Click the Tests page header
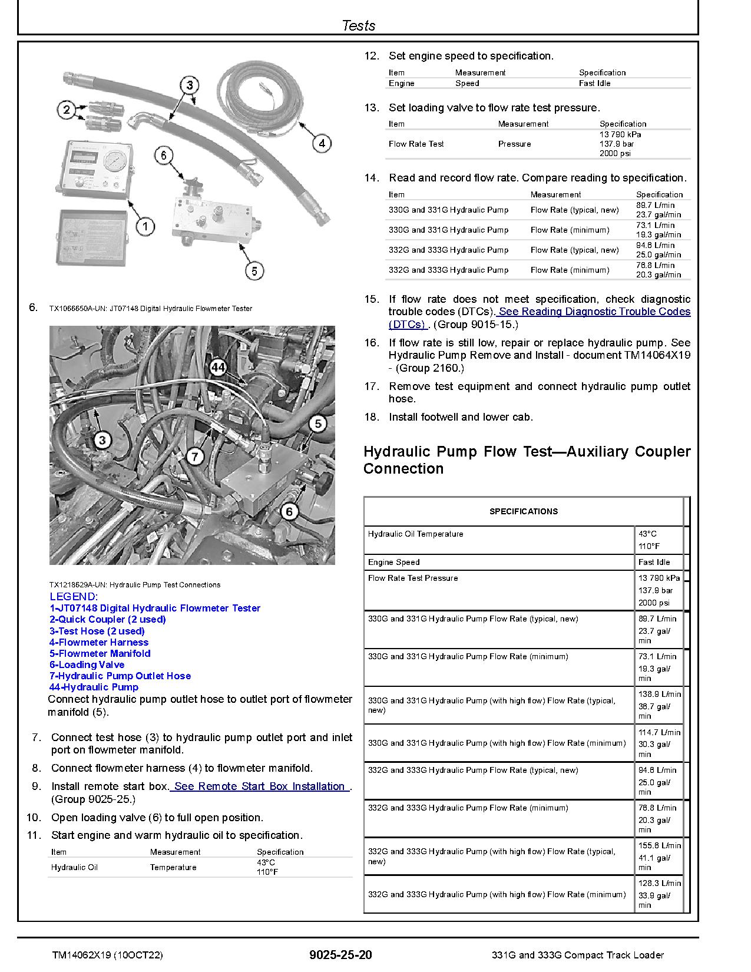coord(358,25)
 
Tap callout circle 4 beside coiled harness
coord(321,143)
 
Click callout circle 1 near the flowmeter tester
coord(145,226)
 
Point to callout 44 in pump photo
coord(217,368)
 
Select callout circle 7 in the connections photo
coord(195,456)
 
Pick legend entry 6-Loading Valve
coord(87,664)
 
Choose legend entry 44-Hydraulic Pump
coord(94,687)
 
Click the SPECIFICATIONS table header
coord(523,511)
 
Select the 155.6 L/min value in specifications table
coord(659,845)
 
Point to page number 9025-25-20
coord(340,955)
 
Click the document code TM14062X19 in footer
coord(81,955)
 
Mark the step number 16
coord(371,343)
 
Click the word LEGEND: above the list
coord(74,596)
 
